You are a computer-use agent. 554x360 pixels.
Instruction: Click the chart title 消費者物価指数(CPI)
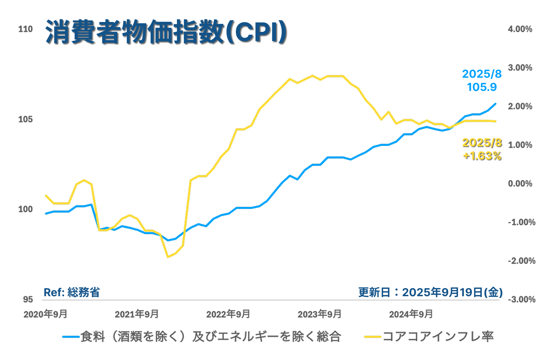tap(166, 32)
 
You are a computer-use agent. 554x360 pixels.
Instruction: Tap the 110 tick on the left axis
tap(25, 29)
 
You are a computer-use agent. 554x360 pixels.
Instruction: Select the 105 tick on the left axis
tap(25, 119)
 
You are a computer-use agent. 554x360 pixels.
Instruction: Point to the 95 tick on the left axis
tap(28, 300)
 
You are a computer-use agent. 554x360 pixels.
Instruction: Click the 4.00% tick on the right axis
tap(520, 29)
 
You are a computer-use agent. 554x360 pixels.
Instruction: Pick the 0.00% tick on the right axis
tap(520, 184)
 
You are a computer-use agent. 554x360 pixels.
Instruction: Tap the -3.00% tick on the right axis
tap(521, 300)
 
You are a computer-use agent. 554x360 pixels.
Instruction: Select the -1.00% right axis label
tap(521, 222)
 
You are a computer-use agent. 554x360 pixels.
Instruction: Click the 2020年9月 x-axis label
tap(45, 314)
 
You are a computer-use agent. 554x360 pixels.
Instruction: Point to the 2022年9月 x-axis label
tap(228, 314)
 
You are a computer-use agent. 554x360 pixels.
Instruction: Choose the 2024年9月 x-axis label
tap(411, 314)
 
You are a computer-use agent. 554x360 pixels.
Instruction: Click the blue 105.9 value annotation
tap(482, 87)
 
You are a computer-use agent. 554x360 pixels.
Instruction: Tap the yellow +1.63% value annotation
tap(482, 156)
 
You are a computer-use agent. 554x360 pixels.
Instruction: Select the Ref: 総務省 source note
tap(72, 293)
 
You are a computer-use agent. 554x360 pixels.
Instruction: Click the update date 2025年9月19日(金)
tap(431, 293)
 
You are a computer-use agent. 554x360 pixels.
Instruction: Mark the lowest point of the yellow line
tap(168, 257)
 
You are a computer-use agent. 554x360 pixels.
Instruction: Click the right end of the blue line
tap(496, 103)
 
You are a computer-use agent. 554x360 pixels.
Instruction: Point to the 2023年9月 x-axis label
tap(319, 314)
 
